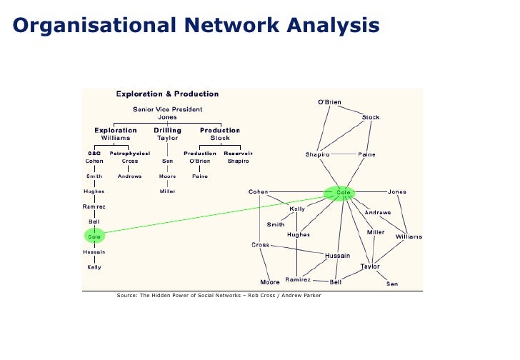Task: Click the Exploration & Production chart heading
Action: (x=167, y=94)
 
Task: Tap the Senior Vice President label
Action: (x=167, y=109)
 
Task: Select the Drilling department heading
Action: (x=167, y=130)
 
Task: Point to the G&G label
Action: (x=94, y=153)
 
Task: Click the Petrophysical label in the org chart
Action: (x=129, y=153)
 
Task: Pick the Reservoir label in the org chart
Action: (x=238, y=153)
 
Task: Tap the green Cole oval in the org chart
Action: (x=94, y=236)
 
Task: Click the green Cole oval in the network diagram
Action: (x=339, y=192)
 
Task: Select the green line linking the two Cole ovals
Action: (x=214, y=214)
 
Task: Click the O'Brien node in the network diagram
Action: (x=329, y=102)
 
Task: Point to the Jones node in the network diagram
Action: (x=397, y=191)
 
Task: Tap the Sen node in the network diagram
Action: (x=392, y=284)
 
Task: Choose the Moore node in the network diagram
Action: (x=270, y=281)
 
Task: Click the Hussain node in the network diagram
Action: (x=337, y=255)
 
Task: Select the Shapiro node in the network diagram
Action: (x=317, y=154)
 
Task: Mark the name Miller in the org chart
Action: (x=167, y=191)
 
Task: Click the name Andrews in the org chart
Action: (x=129, y=176)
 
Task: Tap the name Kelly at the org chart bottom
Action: (x=94, y=267)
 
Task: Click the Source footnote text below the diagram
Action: (x=219, y=295)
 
